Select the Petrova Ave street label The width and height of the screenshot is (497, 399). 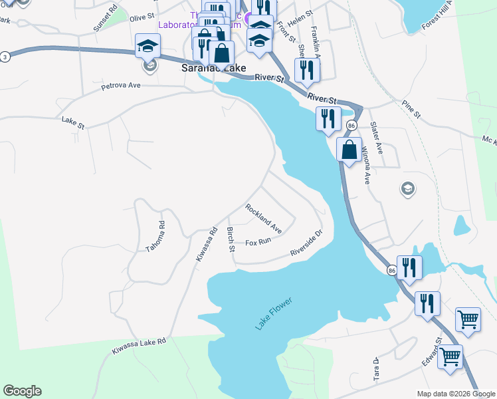click(121, 86)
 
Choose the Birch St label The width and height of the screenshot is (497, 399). click(231, 240)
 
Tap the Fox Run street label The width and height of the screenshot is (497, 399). click(258, 242)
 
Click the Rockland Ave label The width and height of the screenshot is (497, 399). click(264, 219)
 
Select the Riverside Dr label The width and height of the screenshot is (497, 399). click(306, 243)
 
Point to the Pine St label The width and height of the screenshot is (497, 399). click(411, 109)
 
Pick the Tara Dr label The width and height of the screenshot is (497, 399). click(376, 369)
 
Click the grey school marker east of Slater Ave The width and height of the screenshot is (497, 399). click(407, 190)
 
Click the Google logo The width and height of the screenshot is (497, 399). click(22, 391)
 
